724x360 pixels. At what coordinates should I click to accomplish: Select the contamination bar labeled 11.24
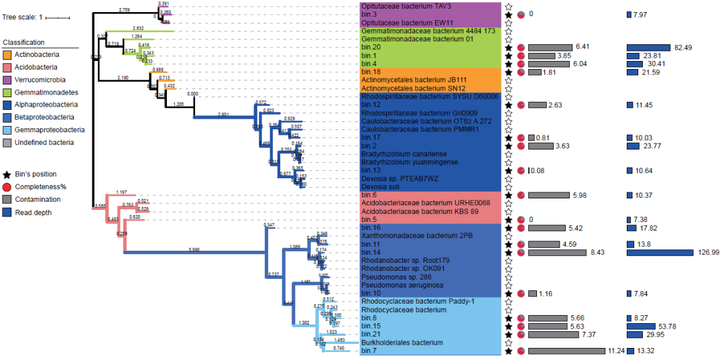pyautogui.click(x=566, y=351)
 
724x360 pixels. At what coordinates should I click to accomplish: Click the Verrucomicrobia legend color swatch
pyautogui.click(x=7, y=80)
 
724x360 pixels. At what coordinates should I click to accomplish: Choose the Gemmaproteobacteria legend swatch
pyautogui.click(x=7, y=129)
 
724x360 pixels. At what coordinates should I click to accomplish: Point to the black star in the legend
pyautogui.click(x=7, y=174)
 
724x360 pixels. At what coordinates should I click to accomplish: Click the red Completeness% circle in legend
pyautogui.click(x=7, y=186)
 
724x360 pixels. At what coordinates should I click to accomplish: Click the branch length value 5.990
pyautogui.click(x=195, y=249)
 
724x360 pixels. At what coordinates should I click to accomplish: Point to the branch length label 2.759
pyautogui.click(x=124, y=10)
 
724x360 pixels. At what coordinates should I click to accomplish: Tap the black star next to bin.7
pyautogui.click(x=509, y=351)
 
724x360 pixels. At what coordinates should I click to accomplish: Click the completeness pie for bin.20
pyautogui.click(x=522, y=47)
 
